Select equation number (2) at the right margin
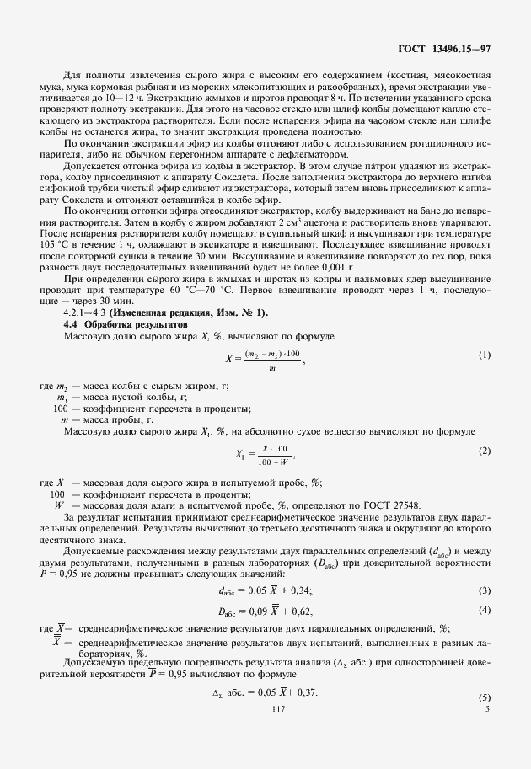(x=484, y=451)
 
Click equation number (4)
(x=484, y=609)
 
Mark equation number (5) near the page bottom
(x=484, y=698)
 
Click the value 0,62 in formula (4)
(x=303, y=609)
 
